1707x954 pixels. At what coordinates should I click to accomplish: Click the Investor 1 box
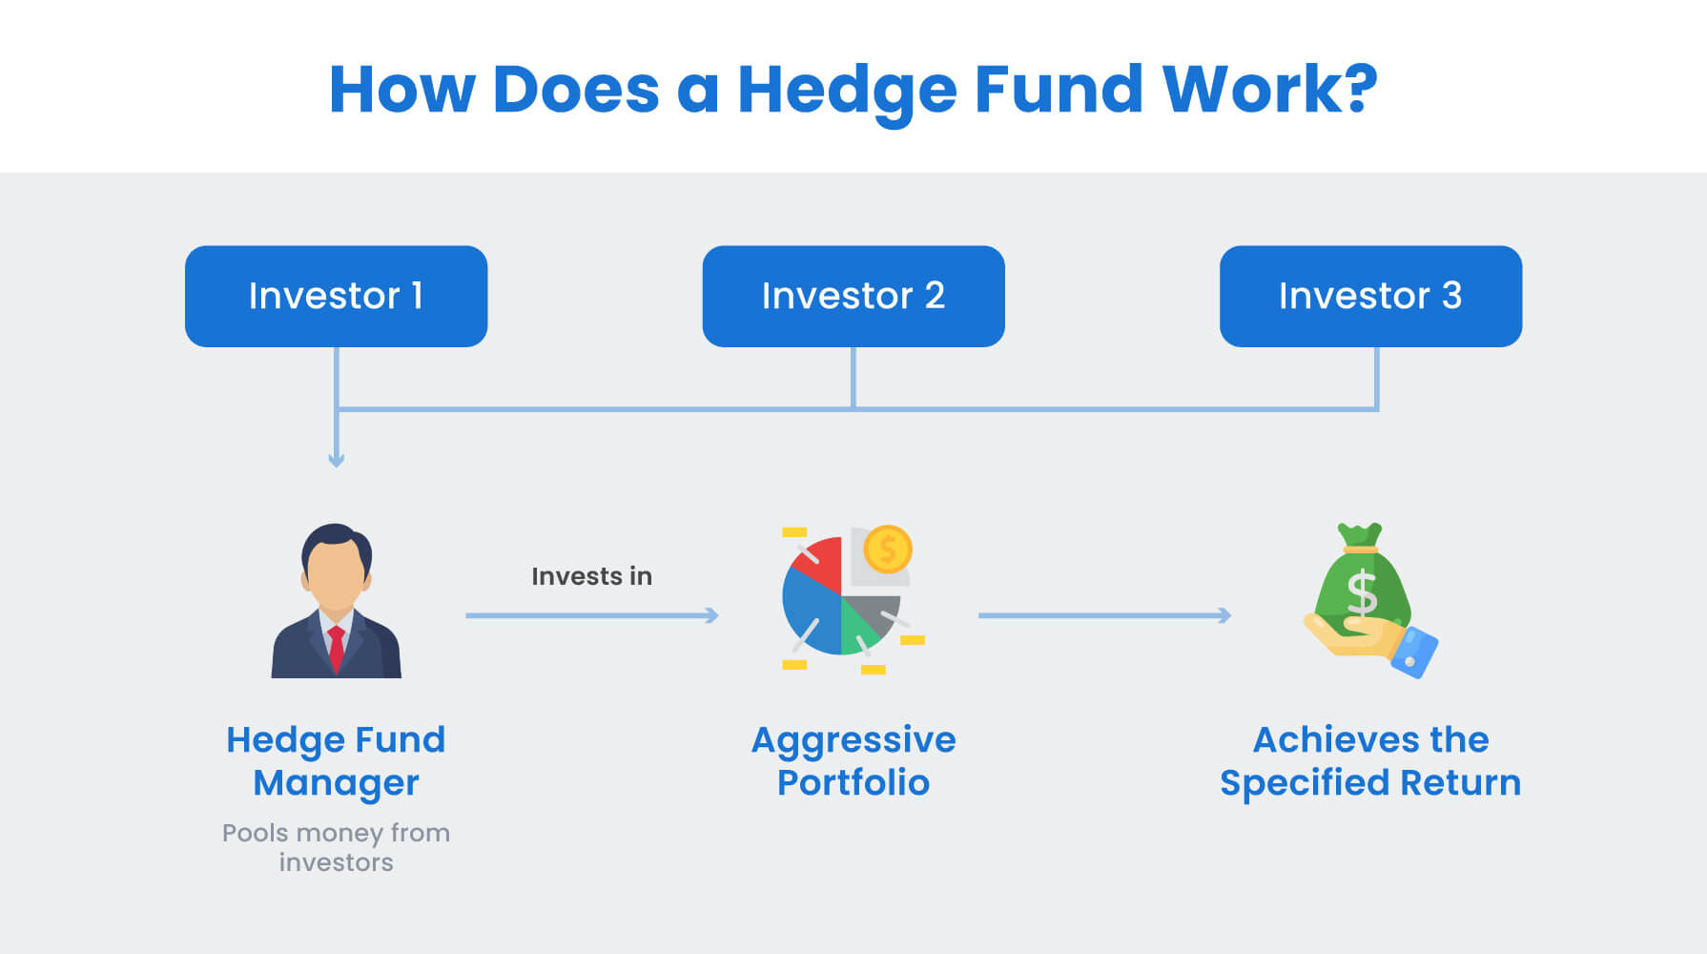pyautogui.click(x=336, y=296)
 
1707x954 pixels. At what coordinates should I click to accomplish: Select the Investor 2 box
pyautogui.click(x=853, y=296)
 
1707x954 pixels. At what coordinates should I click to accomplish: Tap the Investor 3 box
pyautogui.click(x=1370, y=296)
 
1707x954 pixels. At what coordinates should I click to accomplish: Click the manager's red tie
pyautogui.click(x=336, y=649)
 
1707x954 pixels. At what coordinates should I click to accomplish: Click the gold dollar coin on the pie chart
pyautogui.click(x=888, y=550)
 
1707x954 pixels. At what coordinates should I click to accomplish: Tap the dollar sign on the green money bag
pyautogui.click(x=1362, y=593)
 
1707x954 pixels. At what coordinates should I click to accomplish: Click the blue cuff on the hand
pyautogui.click(x=1415, y=652)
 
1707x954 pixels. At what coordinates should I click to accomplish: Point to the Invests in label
pyautogui.click(x=591, y=576)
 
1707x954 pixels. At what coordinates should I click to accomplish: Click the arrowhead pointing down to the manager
pyautogui.click(x=337, y=460)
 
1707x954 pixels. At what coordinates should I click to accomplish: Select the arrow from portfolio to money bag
pyautogui.click(x=1104, y=615)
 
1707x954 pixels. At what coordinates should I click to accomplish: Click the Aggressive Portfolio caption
pyautogui.click(x=853, y=760)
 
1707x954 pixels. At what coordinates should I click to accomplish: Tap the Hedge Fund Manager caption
pyautogui.click(x=336, y=760)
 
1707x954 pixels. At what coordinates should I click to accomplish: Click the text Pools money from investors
pyautogui.click(x=336, y=847)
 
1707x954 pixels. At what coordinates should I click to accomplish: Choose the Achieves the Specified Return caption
pyautogui.click(x=1370, y=760)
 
